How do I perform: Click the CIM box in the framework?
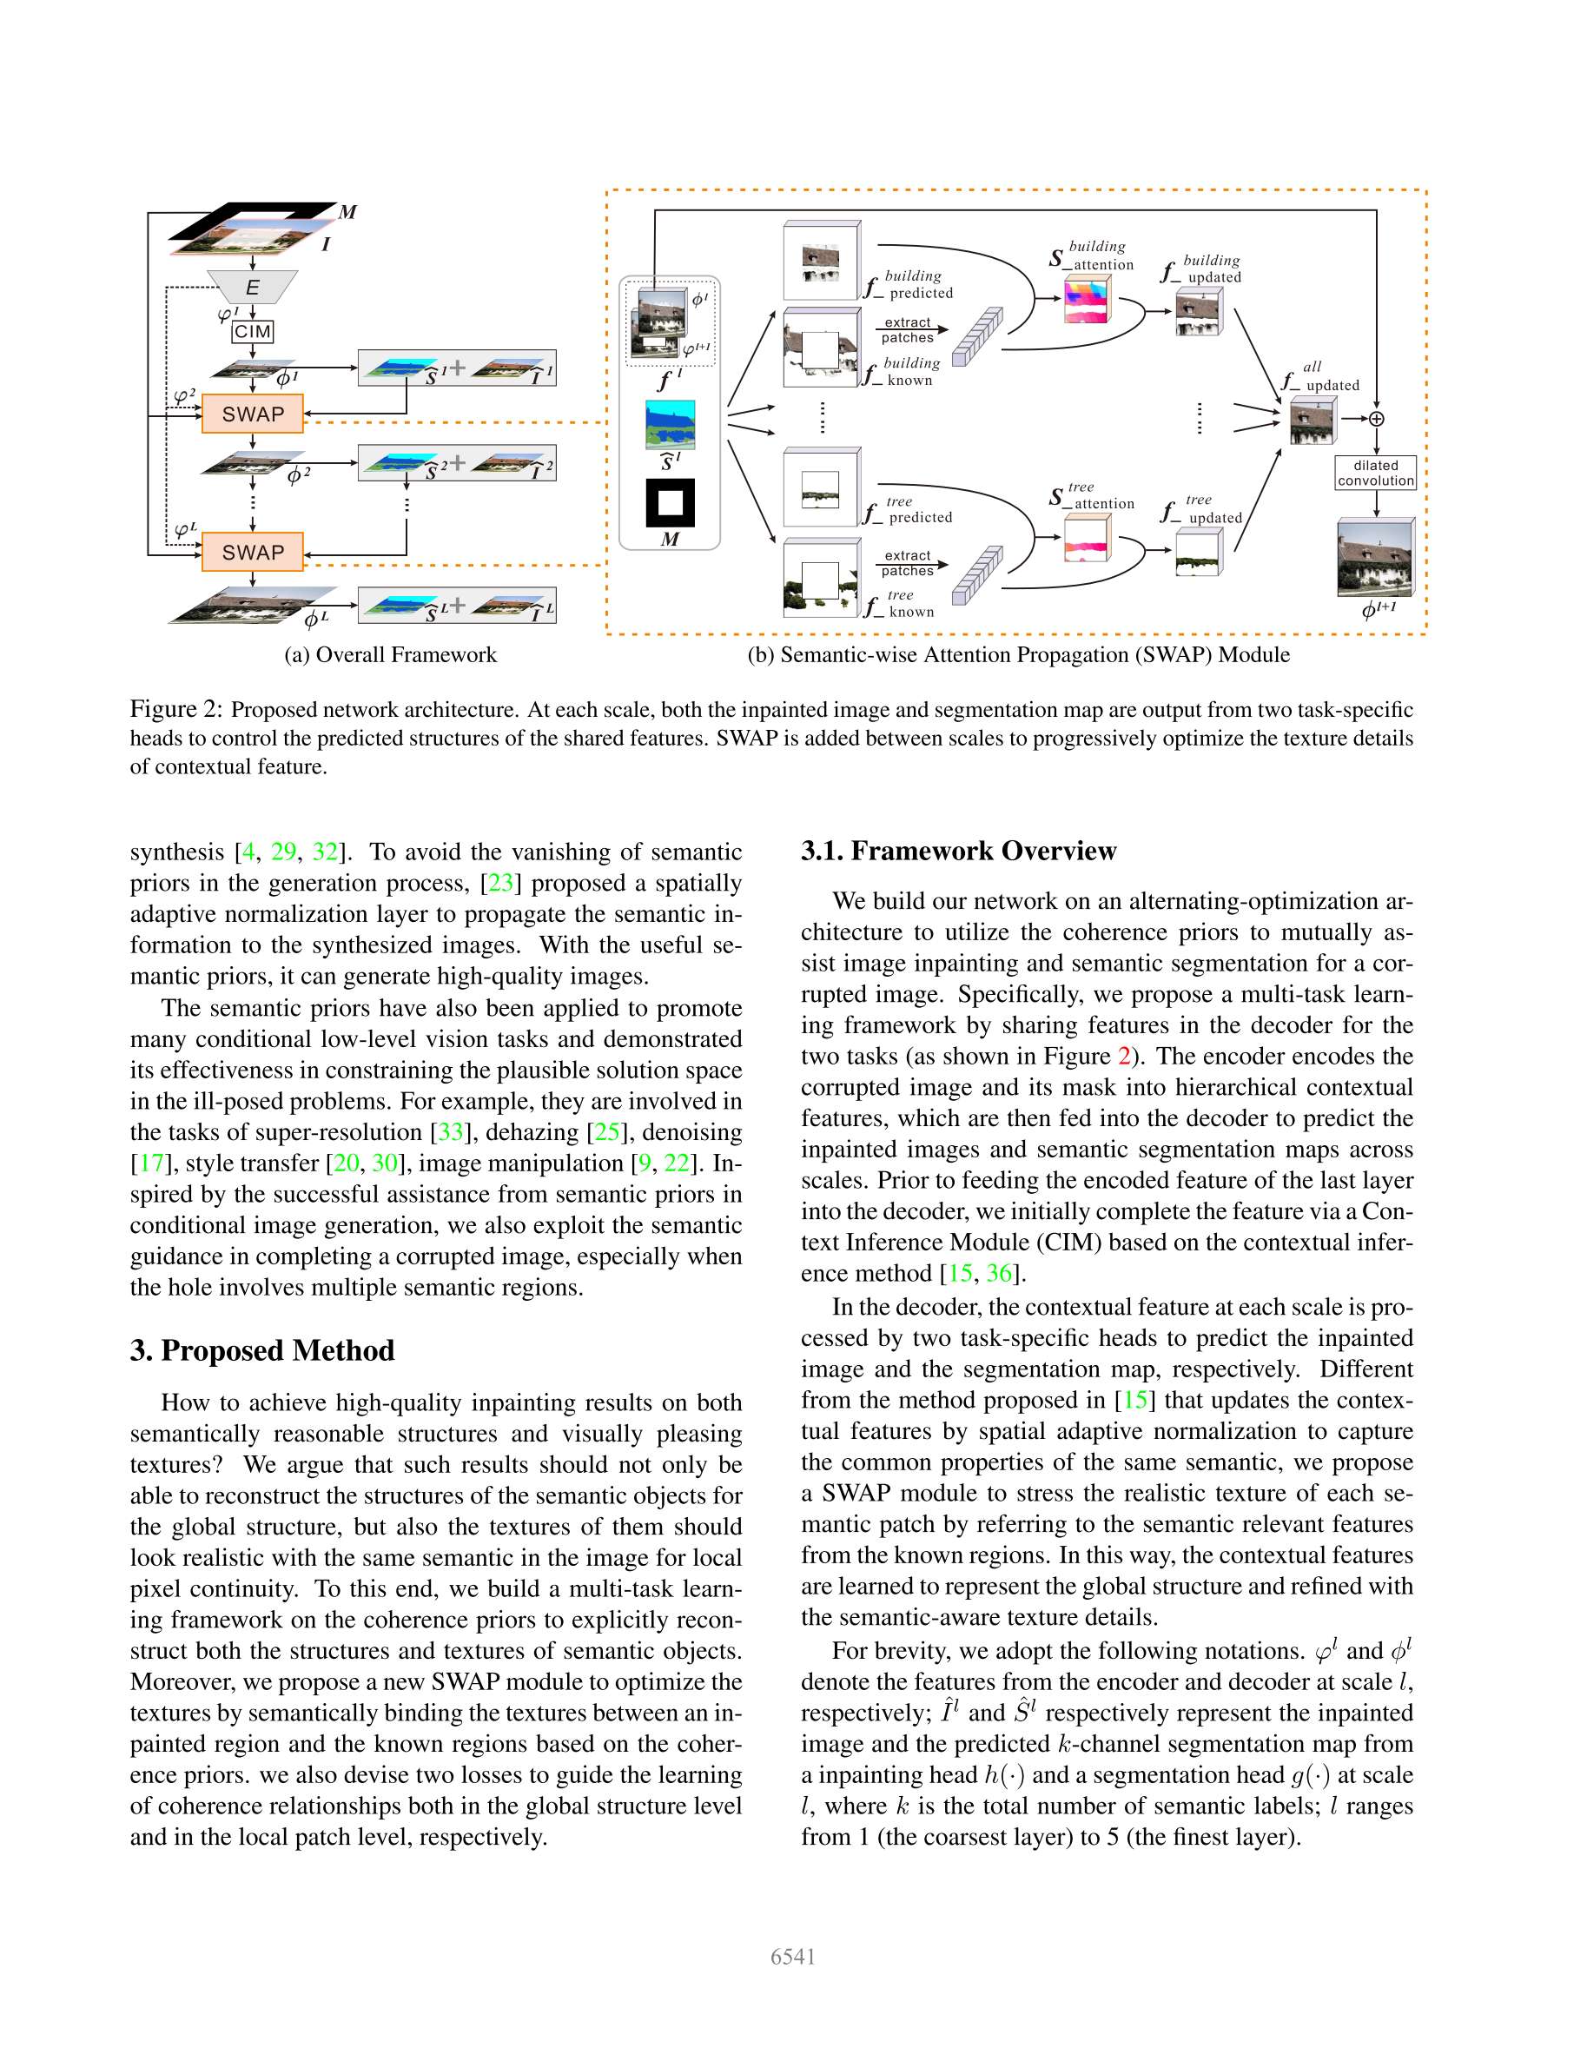252,331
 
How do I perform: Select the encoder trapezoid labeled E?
252,287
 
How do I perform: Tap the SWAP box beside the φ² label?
252,414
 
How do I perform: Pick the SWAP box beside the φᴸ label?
252,553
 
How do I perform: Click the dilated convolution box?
1375,473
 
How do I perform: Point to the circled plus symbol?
1376,419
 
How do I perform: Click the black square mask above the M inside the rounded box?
670,503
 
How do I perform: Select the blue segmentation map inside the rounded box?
670,424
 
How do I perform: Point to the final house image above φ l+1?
1374,558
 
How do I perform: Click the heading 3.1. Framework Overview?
957,851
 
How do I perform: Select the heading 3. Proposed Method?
262,1350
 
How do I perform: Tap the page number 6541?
793,1957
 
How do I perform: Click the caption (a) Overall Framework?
390,655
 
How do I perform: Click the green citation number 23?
500,883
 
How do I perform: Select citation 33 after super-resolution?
451,1132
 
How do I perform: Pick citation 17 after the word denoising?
151,1163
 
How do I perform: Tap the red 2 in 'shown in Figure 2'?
1123,1056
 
